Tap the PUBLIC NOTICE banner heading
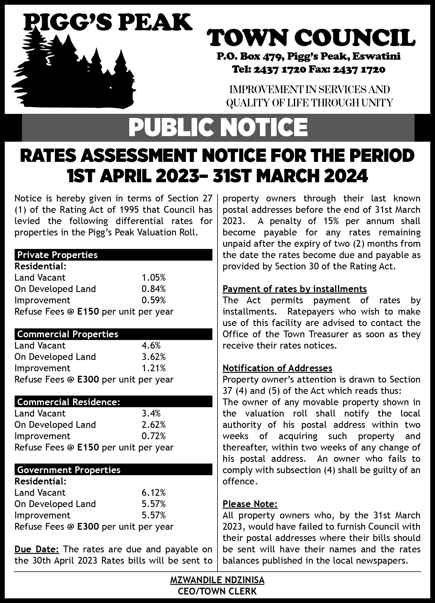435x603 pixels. [x=218, y=127]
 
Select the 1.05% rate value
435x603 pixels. [x=154, y=278]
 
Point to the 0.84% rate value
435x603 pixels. [x=154, y=289]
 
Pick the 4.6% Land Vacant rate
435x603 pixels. [x=151, y=346]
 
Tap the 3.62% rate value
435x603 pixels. [x=154, y=357]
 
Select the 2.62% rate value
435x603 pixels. [x=154, y=425]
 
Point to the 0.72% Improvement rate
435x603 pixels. [x=154, y=436]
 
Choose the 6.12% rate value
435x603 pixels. [x=154, y=493]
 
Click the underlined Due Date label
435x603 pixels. [x=37, y=549]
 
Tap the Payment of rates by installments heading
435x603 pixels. [x=295, y=289]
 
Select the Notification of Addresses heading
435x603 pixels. [x=277, y=368]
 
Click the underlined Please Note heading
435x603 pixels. [x=250, y=504]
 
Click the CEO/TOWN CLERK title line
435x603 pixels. [x=217, y=591]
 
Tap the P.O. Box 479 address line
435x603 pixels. [x=308, y=57]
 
